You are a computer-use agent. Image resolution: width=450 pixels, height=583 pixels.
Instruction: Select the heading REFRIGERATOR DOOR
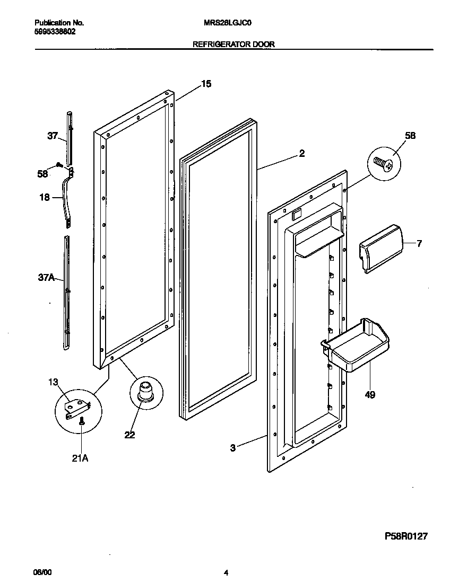233,45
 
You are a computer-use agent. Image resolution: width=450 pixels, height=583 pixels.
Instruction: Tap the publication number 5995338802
55,32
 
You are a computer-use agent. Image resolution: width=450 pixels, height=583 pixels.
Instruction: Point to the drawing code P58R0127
406,536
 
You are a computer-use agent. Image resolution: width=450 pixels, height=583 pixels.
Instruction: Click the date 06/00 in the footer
43,572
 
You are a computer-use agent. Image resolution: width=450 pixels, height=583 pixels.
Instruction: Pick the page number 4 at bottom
226,572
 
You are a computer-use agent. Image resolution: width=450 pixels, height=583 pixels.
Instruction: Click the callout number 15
206,84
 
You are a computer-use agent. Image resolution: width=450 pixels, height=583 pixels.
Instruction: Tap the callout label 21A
81,458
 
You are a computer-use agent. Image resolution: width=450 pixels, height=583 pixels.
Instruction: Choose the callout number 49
370,395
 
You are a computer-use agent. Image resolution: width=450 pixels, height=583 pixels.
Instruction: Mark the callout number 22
129,435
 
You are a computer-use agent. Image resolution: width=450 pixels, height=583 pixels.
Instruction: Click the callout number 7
419,244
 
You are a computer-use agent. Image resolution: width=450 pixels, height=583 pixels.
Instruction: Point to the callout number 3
232,448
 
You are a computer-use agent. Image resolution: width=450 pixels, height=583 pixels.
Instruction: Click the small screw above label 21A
81,422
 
